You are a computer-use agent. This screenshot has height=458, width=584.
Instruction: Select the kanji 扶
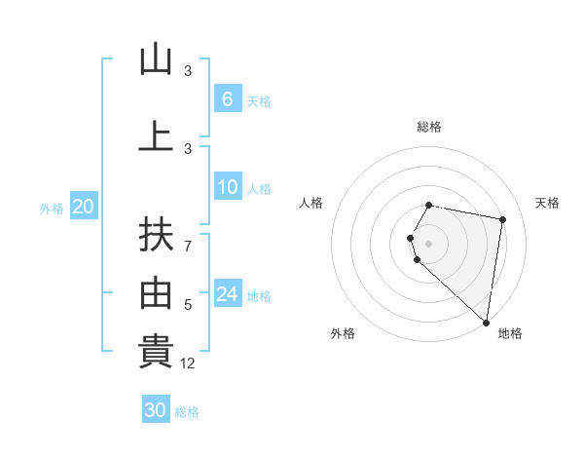[156, 235]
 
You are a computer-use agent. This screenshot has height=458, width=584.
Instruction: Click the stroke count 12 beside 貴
[189, 363]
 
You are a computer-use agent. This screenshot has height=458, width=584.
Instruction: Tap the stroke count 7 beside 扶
[188, 246]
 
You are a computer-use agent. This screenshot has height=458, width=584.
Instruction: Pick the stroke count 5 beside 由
[188, 305]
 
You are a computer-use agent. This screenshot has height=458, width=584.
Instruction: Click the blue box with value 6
[228, 98]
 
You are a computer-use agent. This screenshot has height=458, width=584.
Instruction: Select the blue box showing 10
[228, 187]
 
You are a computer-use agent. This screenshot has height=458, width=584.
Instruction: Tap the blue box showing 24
[228, 293]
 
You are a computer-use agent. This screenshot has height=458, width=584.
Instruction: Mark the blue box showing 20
[84, 206]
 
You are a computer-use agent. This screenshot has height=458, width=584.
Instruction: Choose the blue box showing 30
[156, 410]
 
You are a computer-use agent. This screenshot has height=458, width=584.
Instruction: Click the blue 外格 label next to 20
[52, 208]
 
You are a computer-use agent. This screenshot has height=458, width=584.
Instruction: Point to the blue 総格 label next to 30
[187, 412]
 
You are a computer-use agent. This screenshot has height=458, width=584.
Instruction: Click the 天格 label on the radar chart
[547, 203]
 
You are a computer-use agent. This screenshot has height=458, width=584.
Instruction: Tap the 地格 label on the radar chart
[510, 333]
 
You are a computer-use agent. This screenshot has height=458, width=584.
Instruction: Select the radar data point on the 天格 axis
[502, 220]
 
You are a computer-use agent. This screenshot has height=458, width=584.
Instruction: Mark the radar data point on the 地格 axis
[486, 321]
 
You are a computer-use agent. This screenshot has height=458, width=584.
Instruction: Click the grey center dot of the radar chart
[429, 243]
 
